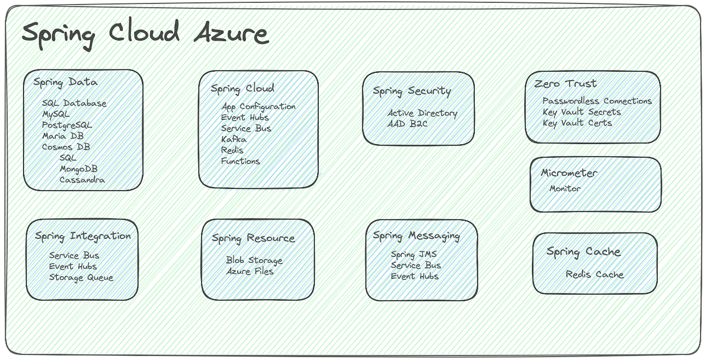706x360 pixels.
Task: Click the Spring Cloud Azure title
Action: (x=145, y=34)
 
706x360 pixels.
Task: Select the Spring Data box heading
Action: (x=65, y=82)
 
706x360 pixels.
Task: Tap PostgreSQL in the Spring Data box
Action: (x=66, y=125)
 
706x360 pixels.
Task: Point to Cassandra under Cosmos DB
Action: (x=82, y=180)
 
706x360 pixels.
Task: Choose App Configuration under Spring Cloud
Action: (x=258, y=106)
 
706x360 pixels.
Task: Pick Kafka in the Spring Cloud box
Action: (x=234, y=139)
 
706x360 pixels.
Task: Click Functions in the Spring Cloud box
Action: (x=240, y=161)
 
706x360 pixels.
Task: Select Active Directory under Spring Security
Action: (x=422, y=113)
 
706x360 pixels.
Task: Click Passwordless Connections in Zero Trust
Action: (x=597, y=101)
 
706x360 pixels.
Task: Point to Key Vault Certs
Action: (x=577, y=123)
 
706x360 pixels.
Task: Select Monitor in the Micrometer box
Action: (x=565, y=189)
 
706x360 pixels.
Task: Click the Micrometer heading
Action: (x=569, y=174)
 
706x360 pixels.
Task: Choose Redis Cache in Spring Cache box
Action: (x=594, y=275)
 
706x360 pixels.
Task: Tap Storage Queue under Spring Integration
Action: (x=81, y=278)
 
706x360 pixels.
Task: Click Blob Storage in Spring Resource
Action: (x=254, y=260)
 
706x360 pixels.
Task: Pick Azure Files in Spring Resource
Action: (x=249, y=271)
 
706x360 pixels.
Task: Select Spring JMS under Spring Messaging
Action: (x=414, y=255)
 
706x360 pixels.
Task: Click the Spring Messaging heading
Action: (x=416, y=236)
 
